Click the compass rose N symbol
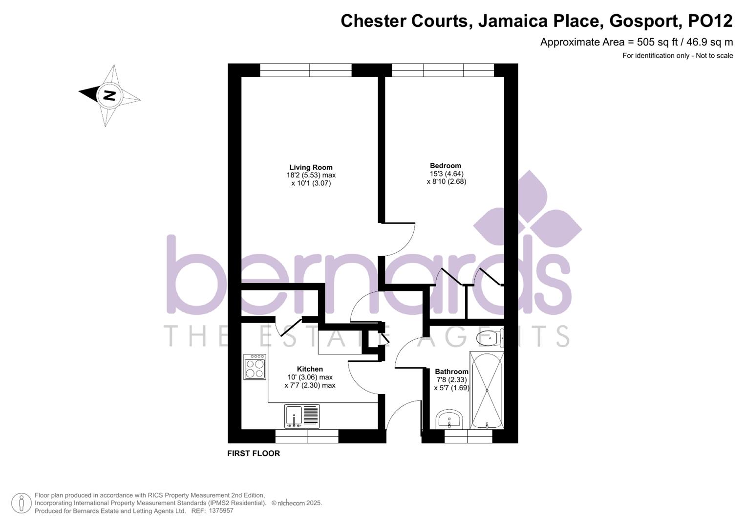pyautogui.click(x=109, y=95)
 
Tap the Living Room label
pyautogui.click(x=311, y=167)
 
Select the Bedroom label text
pyautogui.click(x=445, y=166)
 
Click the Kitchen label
pyautogui.click(x=310, y=369)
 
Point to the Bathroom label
pyautogui.click(x=451, y=372)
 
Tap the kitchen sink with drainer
pyautogui.click(x=302, y=417)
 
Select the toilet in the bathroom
pyautogui.click(x=490, y=338)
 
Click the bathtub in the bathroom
pyautogui.click(x=486, y=390)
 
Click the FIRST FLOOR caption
pyautogui.click(x=254, y=453)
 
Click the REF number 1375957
pyautogui.click(x=221, y=510)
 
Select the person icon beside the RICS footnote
pyautogui.click(x=21, y=503)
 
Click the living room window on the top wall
pyautogui.click(x=306, y=70)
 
